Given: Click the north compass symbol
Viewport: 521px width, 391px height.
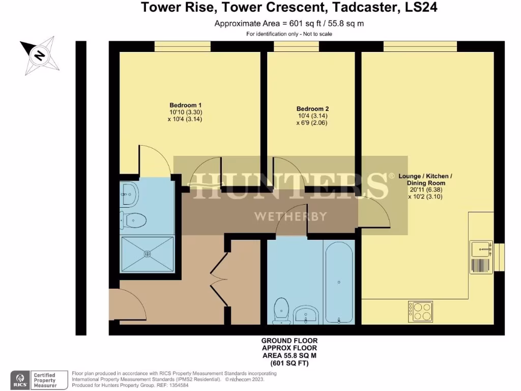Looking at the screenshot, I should pos(40,54).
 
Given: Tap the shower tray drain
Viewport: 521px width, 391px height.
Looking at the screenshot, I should pos(148,253).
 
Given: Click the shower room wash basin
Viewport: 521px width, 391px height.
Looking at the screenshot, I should pos(130,192).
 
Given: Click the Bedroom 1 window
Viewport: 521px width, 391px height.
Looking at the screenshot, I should pos(182,46).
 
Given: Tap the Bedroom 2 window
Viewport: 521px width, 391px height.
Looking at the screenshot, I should pos(296,46).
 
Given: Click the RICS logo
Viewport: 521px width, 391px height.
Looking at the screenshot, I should pos(20,380).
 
